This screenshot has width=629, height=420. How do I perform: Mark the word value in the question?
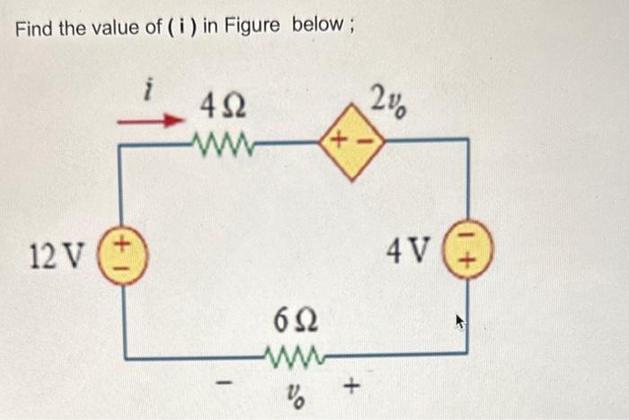pos(114,27)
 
